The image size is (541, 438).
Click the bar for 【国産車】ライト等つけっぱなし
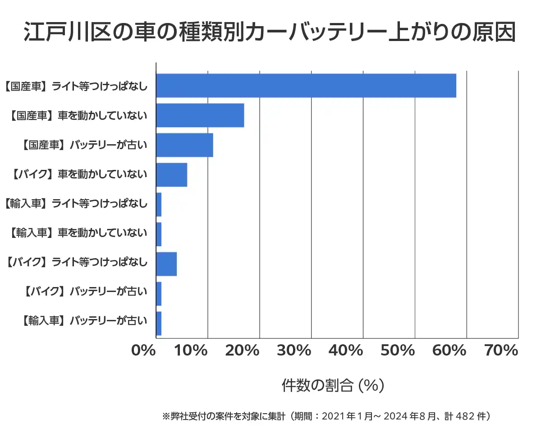pos(306,86)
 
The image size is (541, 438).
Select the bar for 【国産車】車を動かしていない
pos(200,115)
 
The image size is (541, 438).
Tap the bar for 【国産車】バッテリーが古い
pos(184,145)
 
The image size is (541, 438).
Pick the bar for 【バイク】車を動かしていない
pos(172,175)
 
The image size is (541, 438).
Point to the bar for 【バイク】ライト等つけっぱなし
pos(166,264)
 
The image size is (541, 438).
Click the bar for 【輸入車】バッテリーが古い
pos(159,324)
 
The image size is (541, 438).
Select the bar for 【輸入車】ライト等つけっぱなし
pos(159,205)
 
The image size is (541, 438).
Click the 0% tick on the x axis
pos(143,351)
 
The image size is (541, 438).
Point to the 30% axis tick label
pos(294,351)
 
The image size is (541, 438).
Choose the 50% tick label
pos(398,351)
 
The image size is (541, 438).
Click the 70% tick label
pos(501,351)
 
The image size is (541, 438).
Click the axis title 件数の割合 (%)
pos(333,385)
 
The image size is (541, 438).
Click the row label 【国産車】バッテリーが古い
pos(84,145)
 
